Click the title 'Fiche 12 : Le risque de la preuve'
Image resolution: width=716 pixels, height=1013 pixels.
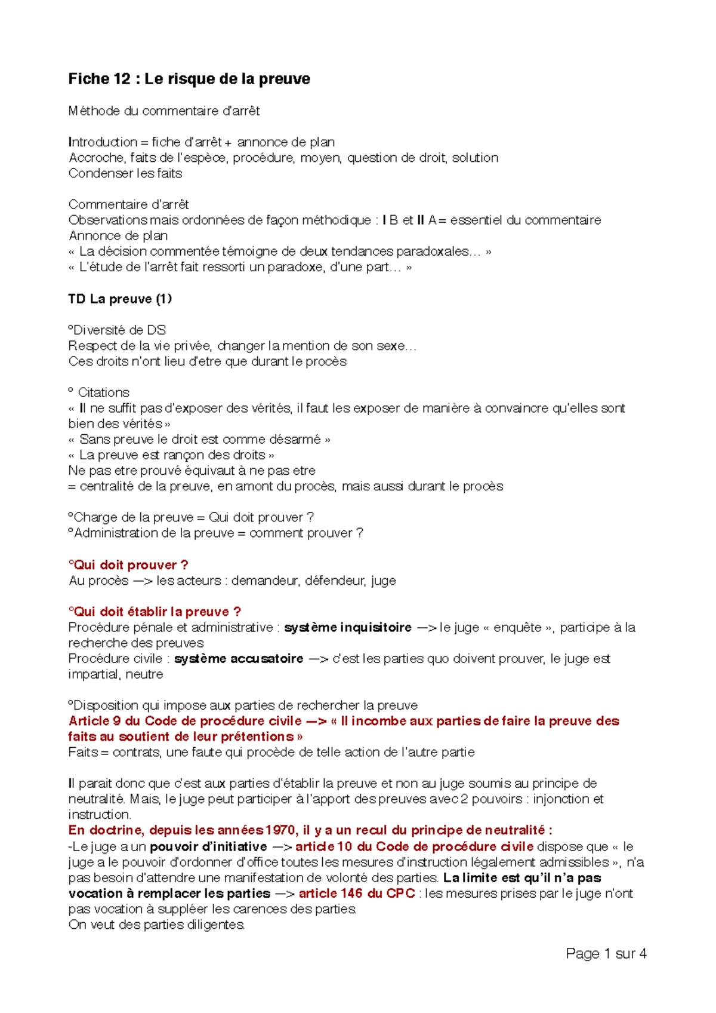point(189,79)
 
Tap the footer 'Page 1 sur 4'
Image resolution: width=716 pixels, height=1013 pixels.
point(606,953)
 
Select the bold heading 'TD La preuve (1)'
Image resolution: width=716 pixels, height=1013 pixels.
point(120,299)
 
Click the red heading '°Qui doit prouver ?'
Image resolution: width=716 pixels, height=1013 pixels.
point(129,564)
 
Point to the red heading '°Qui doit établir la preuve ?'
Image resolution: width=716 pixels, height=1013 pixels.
point(155,612)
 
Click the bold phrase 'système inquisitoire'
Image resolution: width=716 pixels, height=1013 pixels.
point(348,627)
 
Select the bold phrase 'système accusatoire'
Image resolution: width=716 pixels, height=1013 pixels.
point(239,658)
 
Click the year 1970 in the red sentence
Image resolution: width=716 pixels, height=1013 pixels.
point(280,830)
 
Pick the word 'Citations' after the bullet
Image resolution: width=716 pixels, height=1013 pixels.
point(104,392)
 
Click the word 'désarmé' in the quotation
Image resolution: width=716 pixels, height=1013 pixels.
point(295,439)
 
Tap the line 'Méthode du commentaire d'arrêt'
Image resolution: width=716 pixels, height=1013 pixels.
point(164,110)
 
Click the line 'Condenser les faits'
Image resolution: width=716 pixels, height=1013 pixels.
point(125,173)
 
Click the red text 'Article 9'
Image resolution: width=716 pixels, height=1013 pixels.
point(95,721)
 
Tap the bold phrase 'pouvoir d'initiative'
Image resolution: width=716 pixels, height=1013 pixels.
point(208,846)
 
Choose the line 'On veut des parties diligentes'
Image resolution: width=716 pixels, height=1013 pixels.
point(156,925)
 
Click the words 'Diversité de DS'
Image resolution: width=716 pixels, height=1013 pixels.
point(119,330)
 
